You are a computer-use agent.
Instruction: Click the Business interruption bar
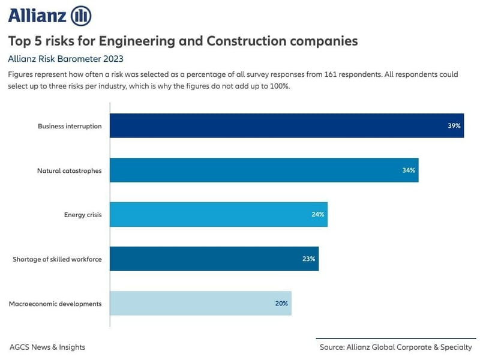click(287, 126)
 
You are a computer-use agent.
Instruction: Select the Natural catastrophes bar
click(264, 170)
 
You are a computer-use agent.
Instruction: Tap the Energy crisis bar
click(218, 215)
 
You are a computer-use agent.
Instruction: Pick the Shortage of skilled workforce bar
click(214, 259)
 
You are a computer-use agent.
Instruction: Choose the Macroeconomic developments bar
click(200, 304)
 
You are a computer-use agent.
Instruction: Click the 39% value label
click(454, 126)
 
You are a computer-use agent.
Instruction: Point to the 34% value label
click(409, 170)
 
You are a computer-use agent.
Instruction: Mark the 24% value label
click(317, 215)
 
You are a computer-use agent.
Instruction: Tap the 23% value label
click(308, 259)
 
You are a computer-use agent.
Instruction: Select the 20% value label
click(281, 304)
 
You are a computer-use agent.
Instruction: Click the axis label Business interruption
click(70, 127)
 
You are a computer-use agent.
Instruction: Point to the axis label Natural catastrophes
click(69, 171)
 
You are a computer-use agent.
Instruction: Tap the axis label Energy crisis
click(83, 215)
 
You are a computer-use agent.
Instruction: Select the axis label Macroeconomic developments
click(55, 304)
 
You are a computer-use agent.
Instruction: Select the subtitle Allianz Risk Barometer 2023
click(65, 59)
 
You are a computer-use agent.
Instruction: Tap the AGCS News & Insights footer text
click(47, 347)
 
